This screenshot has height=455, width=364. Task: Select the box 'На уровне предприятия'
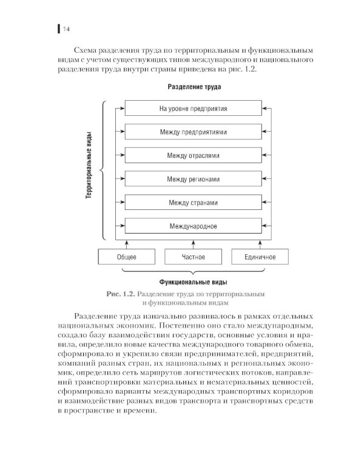pos(193,109)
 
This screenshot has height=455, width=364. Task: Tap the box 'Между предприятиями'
pos(193,132)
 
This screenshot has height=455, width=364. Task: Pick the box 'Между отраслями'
pos(193,156)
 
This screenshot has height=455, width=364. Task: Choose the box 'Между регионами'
pos(193,180)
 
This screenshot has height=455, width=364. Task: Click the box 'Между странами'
pos(193,203)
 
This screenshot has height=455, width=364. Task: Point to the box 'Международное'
pos(193,226)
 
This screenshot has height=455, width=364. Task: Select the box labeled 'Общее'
pos(126,257)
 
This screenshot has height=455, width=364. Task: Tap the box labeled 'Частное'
pos(193,257)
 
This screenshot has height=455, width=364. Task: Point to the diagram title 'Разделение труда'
pos(194,87)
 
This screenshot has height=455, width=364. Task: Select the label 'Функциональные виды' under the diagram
pos(194,282)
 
